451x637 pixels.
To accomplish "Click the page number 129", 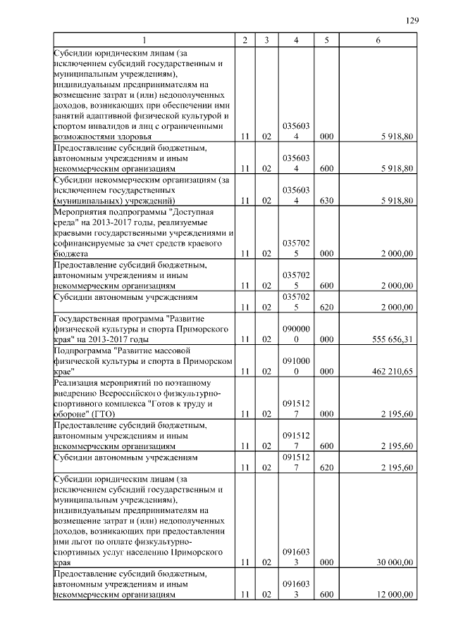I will point(412,20).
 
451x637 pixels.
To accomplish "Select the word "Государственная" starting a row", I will point(84,318).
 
